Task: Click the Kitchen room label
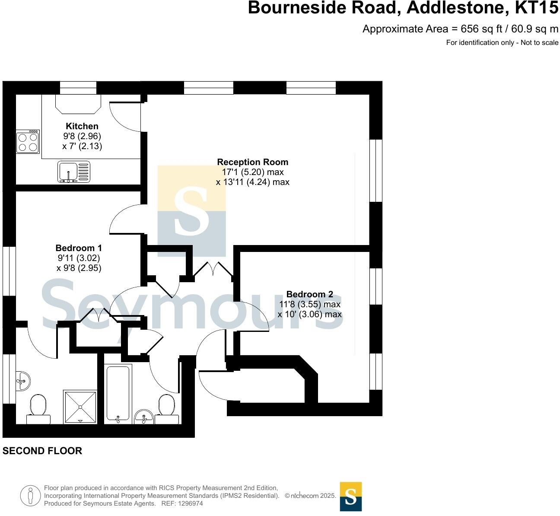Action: click(82, 126)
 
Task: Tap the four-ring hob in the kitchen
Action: click(28, 142)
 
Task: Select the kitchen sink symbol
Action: click(73, 172)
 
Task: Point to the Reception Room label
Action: click(252, 162)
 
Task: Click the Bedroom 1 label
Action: click(79, 248)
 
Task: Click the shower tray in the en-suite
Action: click(80, 406)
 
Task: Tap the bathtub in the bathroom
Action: click(118, 393)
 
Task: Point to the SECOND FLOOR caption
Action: click(42, 451)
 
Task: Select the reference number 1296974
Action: click(188, 503)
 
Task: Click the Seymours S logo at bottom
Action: click(351, 497)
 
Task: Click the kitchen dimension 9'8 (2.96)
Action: click(82, 136)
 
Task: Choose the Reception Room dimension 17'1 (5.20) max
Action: click(252, 172)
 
